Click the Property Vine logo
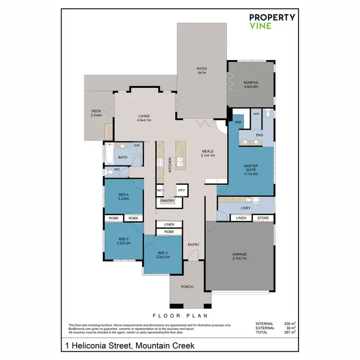pyautogui.click(x=272, y=21)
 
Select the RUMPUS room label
pyautogui.click(x=251, y=84)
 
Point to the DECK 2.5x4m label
pyautogui.click(x=96, y=113)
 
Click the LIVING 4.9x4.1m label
pyautogui.click(x=144, y=118)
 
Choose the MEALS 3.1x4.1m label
pyautogui.click(x=207, y=153)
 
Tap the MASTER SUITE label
pyautogui.click(x=251, y=170)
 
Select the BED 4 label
pyautogui.click(x=124, y=196)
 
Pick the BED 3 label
pyautogui.click(x=124, y=241)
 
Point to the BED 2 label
pyautogui.click(x=163, y=255)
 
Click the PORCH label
pyautogui.click(x=187, y=287)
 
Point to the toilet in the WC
pyautogui.click(x=109, y=170)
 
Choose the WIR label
pyautogui.click(x=237, y=122)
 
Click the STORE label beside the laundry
pyautogui.click(x=263, y=218)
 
